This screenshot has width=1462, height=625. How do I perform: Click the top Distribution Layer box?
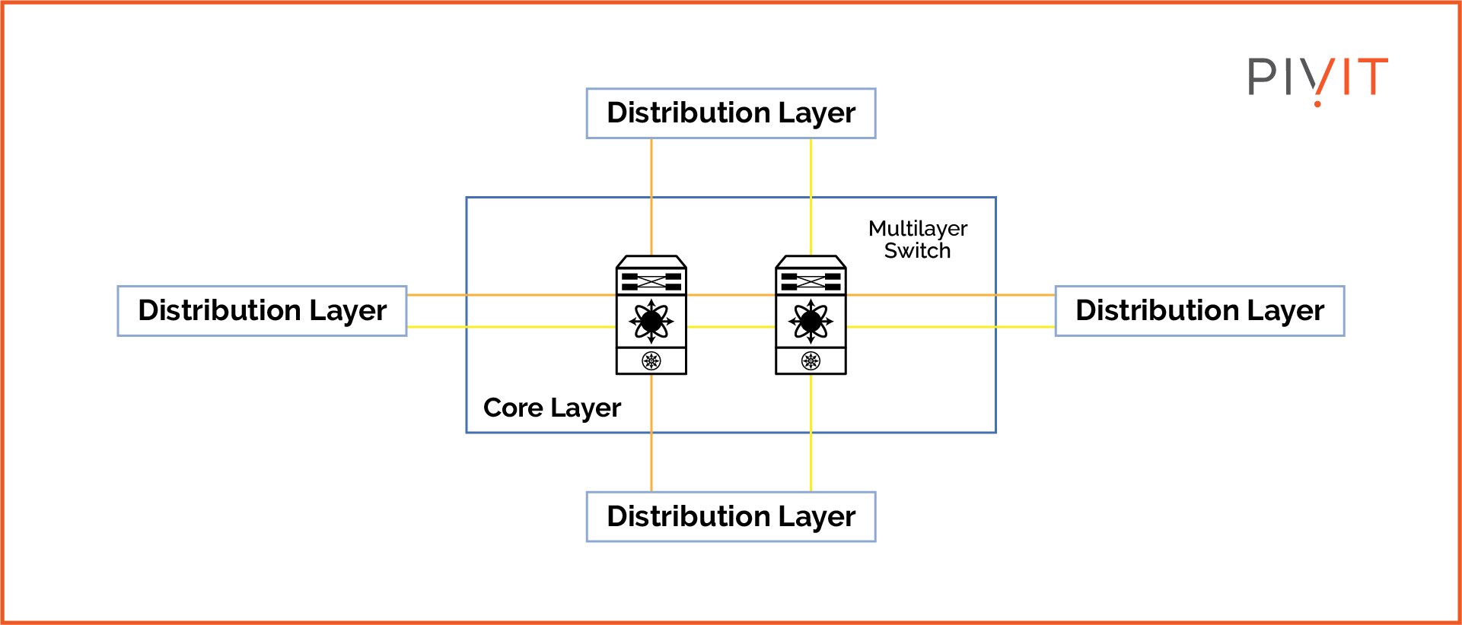[731, 113]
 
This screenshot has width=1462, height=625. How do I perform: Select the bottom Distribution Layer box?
[731, 517]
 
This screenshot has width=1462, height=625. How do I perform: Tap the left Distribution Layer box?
[262, 311]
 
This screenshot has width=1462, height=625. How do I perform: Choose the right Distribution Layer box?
[1199, 311]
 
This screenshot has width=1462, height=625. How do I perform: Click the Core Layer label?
[552, 408]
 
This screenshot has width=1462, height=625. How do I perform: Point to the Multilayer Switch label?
[917, 240]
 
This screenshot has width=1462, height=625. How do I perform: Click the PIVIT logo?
[1317, 78]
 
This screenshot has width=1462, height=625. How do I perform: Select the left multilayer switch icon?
[651, 316]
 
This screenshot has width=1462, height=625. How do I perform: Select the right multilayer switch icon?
[811, 316]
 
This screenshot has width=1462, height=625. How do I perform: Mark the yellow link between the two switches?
[731, 327]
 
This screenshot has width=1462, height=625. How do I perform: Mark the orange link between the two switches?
[731, 295]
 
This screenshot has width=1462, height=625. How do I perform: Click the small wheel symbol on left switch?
[651, 360]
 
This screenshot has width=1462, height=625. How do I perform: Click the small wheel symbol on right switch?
[811, 360]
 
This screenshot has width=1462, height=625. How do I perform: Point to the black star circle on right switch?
[811, 322]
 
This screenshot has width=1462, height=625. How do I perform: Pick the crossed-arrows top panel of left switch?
[651, 281]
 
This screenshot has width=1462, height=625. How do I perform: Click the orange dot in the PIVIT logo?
[1317, 103]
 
